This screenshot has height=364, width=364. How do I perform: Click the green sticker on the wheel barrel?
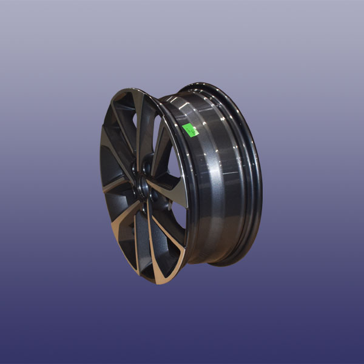pos(190,130)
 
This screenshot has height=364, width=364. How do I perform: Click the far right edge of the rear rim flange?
pos(261,176)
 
